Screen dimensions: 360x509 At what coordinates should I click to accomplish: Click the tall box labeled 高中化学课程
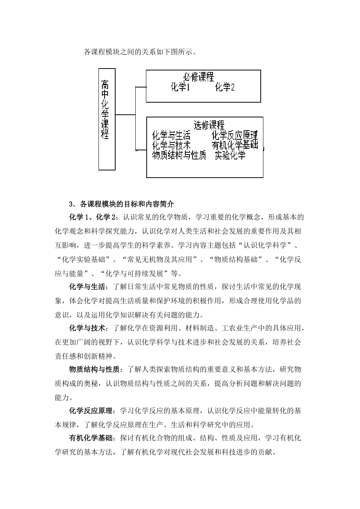tap(106, 119)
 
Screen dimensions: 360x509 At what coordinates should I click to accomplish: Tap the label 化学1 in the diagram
tap(180, 88)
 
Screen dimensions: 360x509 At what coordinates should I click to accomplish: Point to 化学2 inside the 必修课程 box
tap(225, 88)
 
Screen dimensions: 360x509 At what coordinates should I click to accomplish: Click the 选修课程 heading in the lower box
tap(209, 125)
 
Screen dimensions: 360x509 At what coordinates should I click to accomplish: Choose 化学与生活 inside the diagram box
tap(171, 135)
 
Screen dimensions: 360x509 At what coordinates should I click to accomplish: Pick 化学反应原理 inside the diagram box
tap(235, 135)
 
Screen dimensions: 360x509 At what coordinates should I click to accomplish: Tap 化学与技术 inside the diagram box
tap(171, 145)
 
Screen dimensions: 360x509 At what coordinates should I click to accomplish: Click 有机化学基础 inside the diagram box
tap(235, 145)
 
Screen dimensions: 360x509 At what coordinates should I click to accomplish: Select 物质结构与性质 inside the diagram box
tap(179, 155)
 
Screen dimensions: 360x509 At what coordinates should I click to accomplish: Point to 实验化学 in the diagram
tap(230, 155)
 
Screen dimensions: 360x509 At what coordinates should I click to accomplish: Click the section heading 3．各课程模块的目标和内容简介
tap(122, 204)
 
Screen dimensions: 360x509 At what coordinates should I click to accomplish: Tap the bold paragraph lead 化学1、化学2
tap(94, 218)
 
